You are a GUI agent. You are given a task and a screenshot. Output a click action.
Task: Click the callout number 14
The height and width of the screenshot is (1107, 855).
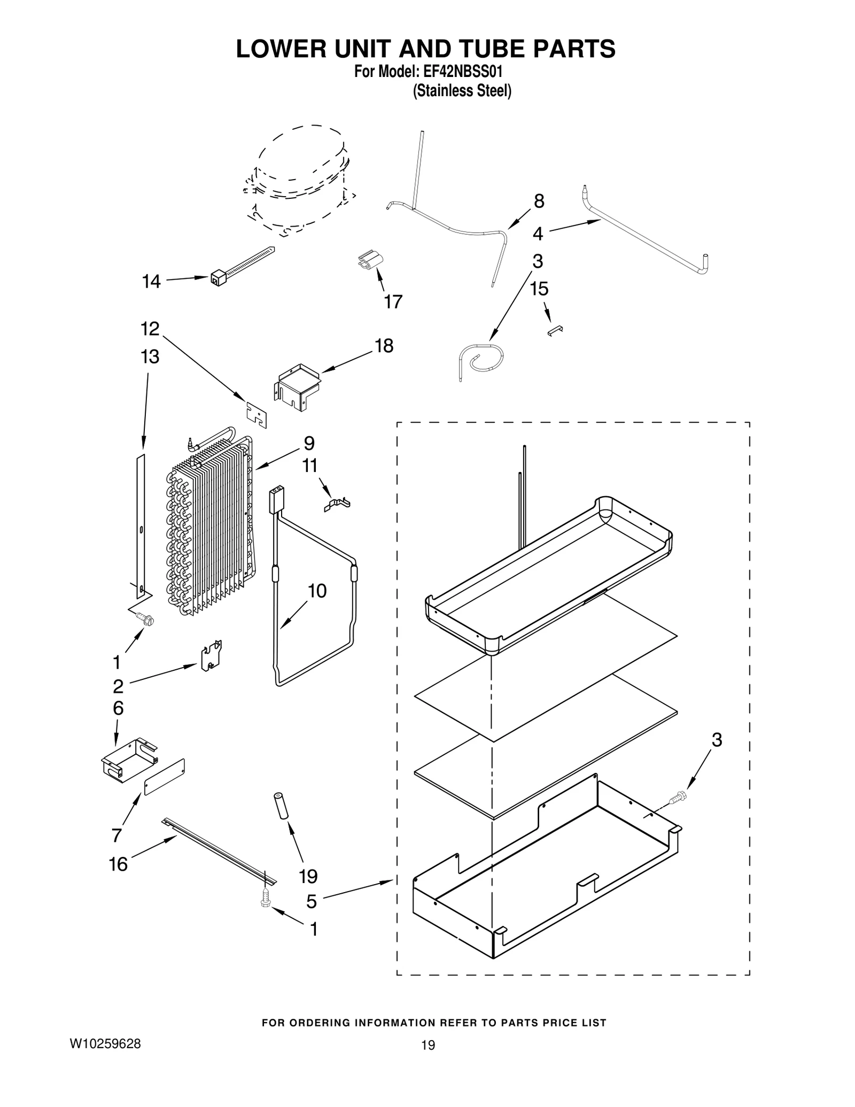[151, 282]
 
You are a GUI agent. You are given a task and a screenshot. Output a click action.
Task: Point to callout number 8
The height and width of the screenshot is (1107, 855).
[539, 202]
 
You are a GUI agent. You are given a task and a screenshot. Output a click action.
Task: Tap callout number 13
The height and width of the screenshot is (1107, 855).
[150, 357]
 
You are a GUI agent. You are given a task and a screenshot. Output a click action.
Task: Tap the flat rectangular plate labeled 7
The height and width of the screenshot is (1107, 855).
[165, 776]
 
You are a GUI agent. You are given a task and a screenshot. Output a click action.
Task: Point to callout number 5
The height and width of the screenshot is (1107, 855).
[312, 902]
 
